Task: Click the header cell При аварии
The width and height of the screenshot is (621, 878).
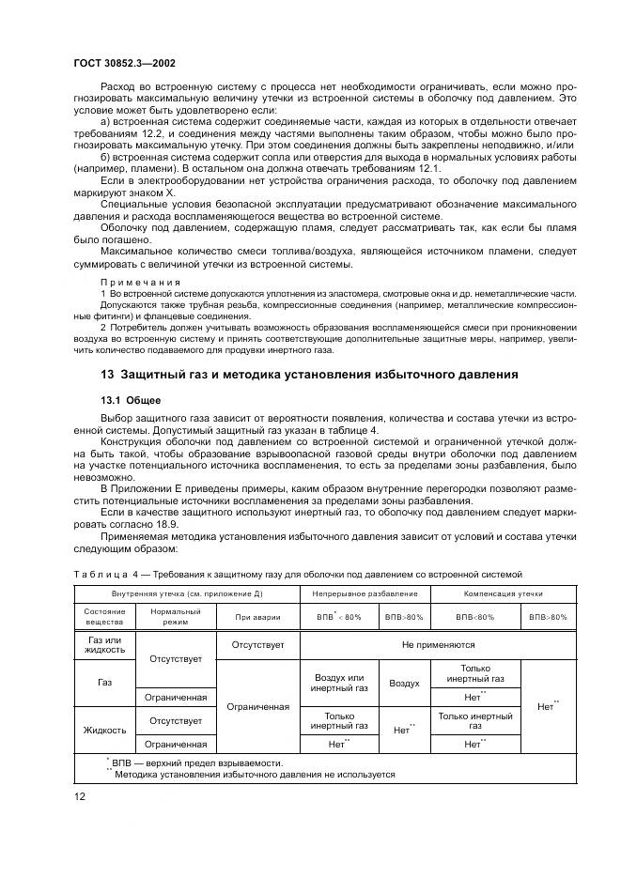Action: [257, 618]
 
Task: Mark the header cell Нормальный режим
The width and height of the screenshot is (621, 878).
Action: [176, 617]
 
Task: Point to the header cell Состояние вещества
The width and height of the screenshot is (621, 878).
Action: [103, 617]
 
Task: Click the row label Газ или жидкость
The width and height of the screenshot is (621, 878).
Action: [104, 645]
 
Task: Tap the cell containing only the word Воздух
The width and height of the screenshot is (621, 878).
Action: [404, 684]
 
